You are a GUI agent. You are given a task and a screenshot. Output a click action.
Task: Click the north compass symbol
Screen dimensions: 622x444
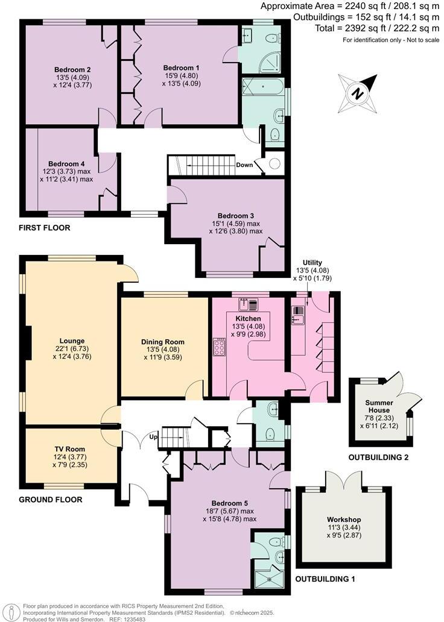tap(357, 92)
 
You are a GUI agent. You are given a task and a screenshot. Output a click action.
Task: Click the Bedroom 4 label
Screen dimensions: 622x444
tap(66, 163)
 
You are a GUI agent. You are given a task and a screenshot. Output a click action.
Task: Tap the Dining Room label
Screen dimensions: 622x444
tap(162, 342)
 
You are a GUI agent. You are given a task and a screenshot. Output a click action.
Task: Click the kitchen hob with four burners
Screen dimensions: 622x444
tap(220, 348)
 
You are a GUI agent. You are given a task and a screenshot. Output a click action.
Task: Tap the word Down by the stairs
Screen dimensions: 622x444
tap(245, 165)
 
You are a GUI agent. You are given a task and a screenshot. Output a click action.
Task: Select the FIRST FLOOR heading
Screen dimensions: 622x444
tap(45, 228)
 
